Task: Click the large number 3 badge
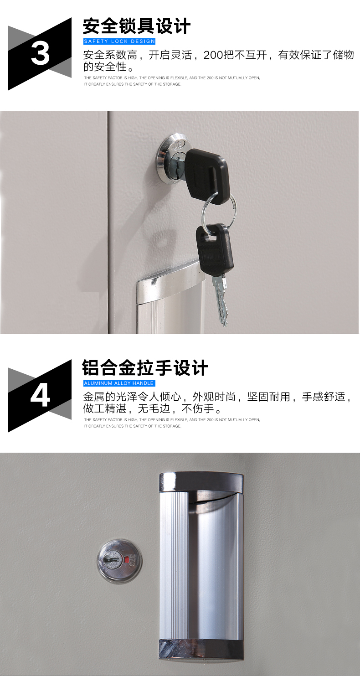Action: (x=40, y=54)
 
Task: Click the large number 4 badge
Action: (x=40, y=396)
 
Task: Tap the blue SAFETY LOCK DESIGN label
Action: (x=119, y=41)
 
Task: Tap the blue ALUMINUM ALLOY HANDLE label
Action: (x=119, y=383)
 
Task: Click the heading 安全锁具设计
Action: (x=137, y=26)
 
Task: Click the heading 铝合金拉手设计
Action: (x=145, y=368)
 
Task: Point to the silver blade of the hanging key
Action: (x=221, y=300)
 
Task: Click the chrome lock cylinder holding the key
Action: (x=171, y=160)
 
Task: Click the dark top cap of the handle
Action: (x=201, y=483)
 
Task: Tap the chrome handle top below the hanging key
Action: (x=170, y=282)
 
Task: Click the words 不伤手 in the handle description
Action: (x=198, y=408)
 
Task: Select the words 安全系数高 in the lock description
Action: (x=110, y=55)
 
